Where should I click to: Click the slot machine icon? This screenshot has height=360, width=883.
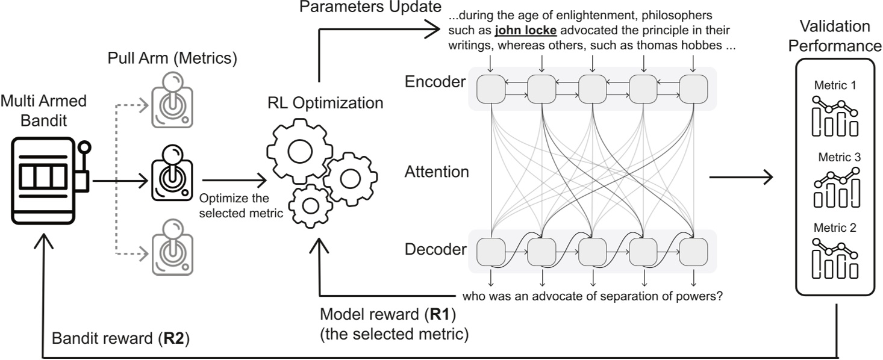51,181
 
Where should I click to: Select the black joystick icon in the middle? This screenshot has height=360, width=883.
172,173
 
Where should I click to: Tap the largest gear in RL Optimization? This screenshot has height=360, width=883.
299,151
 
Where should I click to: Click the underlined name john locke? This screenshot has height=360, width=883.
525,30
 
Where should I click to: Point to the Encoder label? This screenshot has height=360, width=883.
435,81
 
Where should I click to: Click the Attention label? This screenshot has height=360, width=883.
437,172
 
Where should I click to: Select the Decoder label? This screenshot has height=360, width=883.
435,249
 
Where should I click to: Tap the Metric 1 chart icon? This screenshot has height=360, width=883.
835,117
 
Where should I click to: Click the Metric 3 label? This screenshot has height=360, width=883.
839,157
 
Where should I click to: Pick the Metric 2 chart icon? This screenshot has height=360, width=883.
835,258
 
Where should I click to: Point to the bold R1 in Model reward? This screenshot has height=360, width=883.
440,314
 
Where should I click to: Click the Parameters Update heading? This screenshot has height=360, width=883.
370,7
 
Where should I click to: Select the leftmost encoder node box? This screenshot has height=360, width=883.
491,89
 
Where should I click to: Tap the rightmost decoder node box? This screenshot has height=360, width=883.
693,252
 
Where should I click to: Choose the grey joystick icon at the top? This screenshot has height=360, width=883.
172,100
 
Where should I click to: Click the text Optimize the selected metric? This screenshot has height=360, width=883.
241,206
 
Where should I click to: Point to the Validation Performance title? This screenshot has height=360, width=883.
835,36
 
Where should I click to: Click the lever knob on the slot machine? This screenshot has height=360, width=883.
84,147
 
